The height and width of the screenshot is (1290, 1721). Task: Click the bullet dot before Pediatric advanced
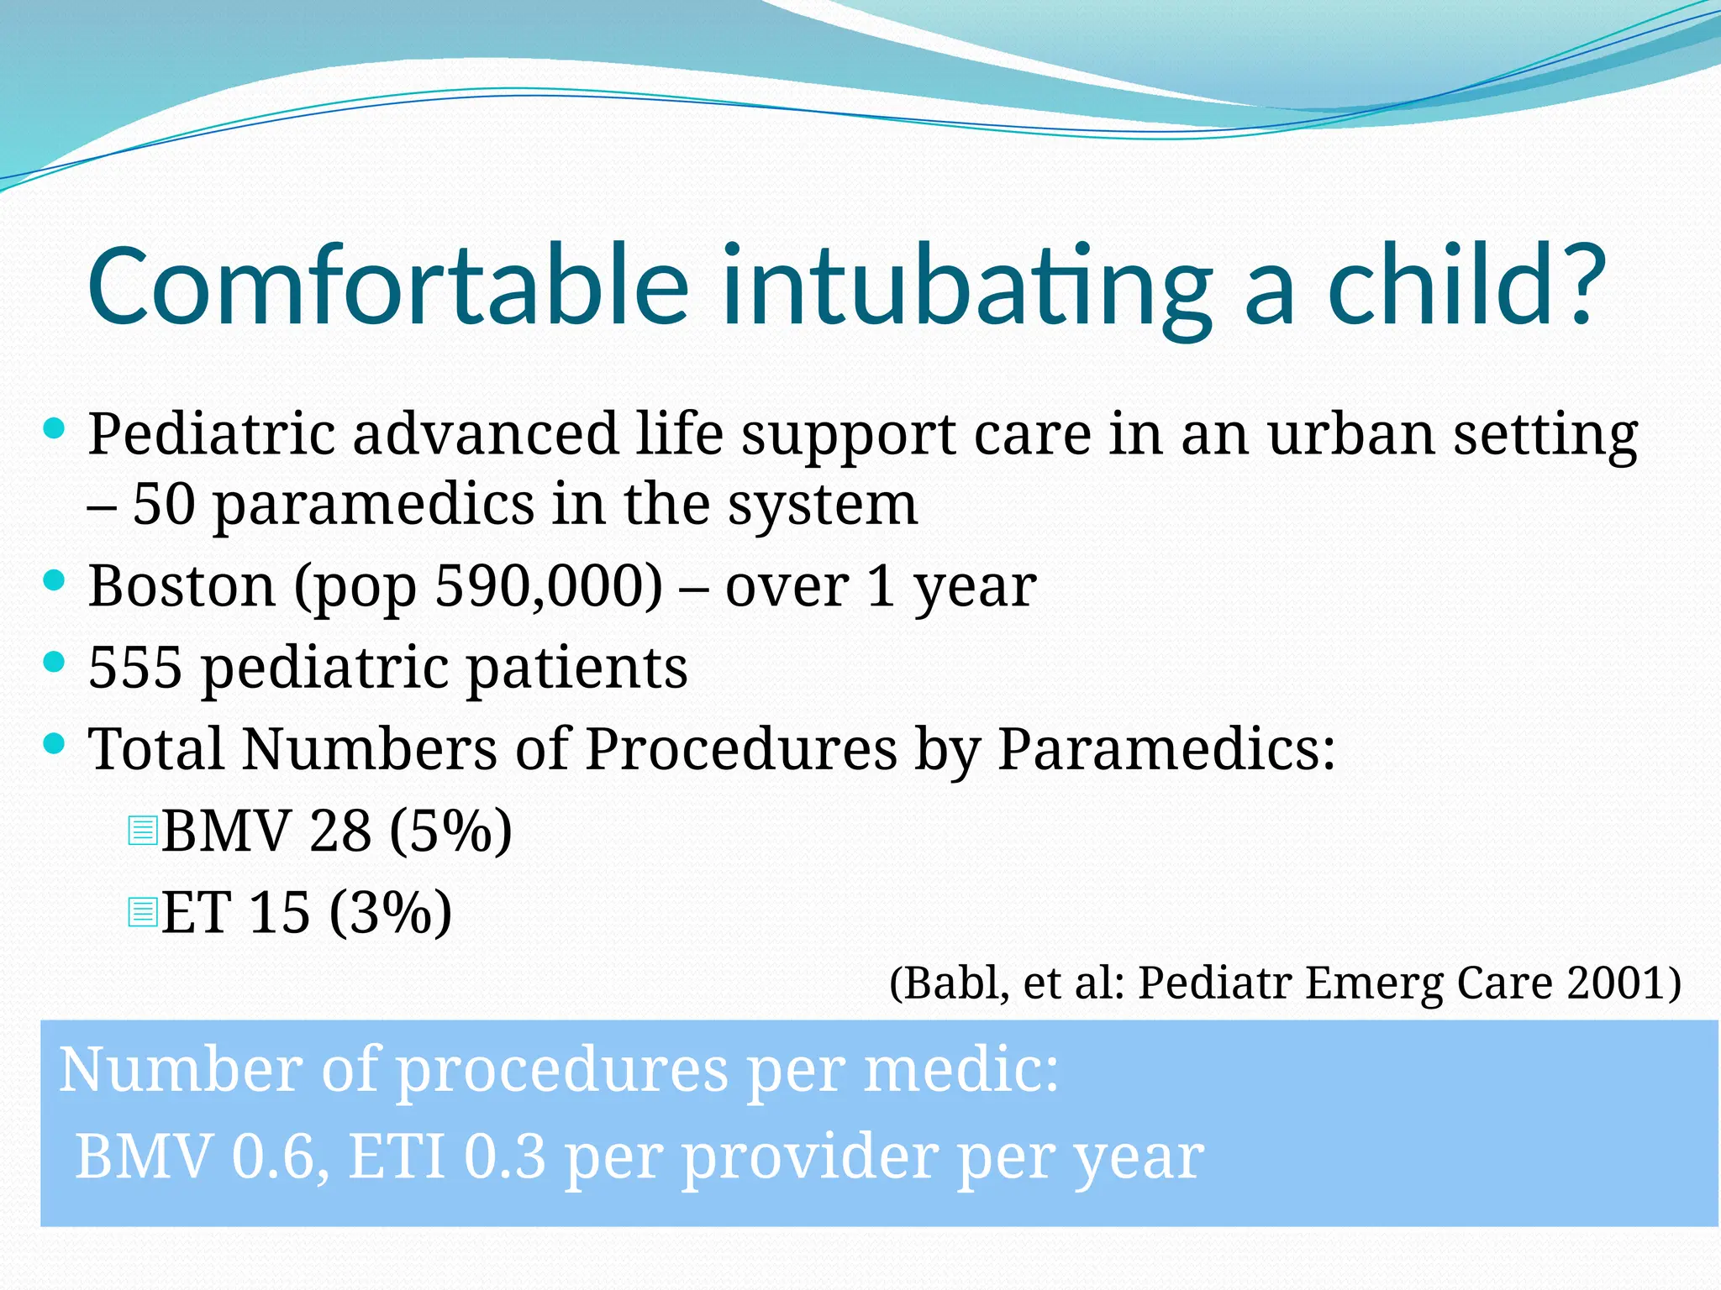pyautogui.click(x=53, y=429)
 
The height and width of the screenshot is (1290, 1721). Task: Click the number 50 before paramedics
pyautogui.click(x=163, y=505)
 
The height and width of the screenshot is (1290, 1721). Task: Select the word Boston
pyautogui.click(x=182, y=585)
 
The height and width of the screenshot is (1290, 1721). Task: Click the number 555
pyautogui.click(x=134, y=668)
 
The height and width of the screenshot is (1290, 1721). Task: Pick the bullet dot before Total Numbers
pyautogui.click(x=53, y=743)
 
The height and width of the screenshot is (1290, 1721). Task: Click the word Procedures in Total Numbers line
pyautogui.click(x=740, y=748)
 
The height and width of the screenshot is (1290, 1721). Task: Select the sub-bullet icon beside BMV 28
pyautogui.click(x=143, y=830)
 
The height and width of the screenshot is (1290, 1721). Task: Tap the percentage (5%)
pyautogui.click(x=450, y=831)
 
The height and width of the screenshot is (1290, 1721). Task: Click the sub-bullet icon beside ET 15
pyautogui.click(x=143, y=911)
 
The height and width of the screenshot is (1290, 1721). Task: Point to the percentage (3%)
pyautogui.click(x=390, y=912)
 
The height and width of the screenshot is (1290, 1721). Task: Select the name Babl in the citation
pyautogui.click(x=950, y=983)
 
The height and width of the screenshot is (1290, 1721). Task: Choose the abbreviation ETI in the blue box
pyautogui.click(x=396, y=1157)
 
